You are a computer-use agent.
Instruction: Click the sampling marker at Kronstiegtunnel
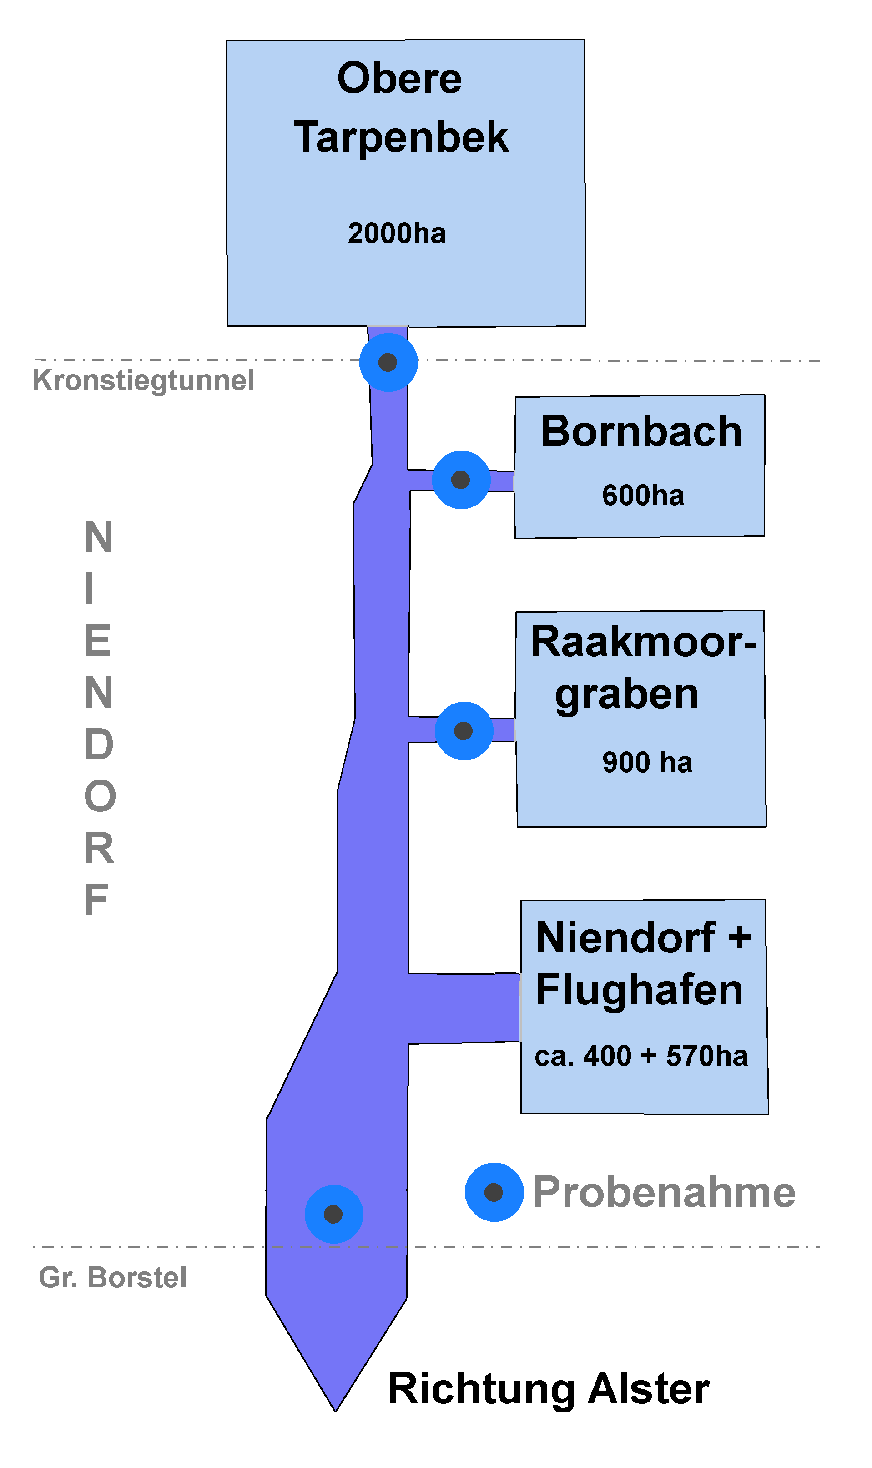388,363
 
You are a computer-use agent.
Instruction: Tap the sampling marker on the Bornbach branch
461,480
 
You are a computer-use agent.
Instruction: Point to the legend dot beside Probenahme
494,1192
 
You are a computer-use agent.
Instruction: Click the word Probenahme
664,1192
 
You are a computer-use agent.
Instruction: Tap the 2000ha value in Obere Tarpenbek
397,233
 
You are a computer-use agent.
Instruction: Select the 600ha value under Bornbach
643,496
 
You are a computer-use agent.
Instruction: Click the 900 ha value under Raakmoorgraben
647,762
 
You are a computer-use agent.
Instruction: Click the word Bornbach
641,431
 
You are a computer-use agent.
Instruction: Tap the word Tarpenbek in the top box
401,137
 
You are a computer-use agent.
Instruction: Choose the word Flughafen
639,990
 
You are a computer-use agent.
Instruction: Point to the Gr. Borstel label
113,1278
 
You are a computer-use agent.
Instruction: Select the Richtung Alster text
549,1389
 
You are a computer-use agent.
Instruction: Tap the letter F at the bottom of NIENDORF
97,899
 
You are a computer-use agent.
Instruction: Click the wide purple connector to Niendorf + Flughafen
464,1008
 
